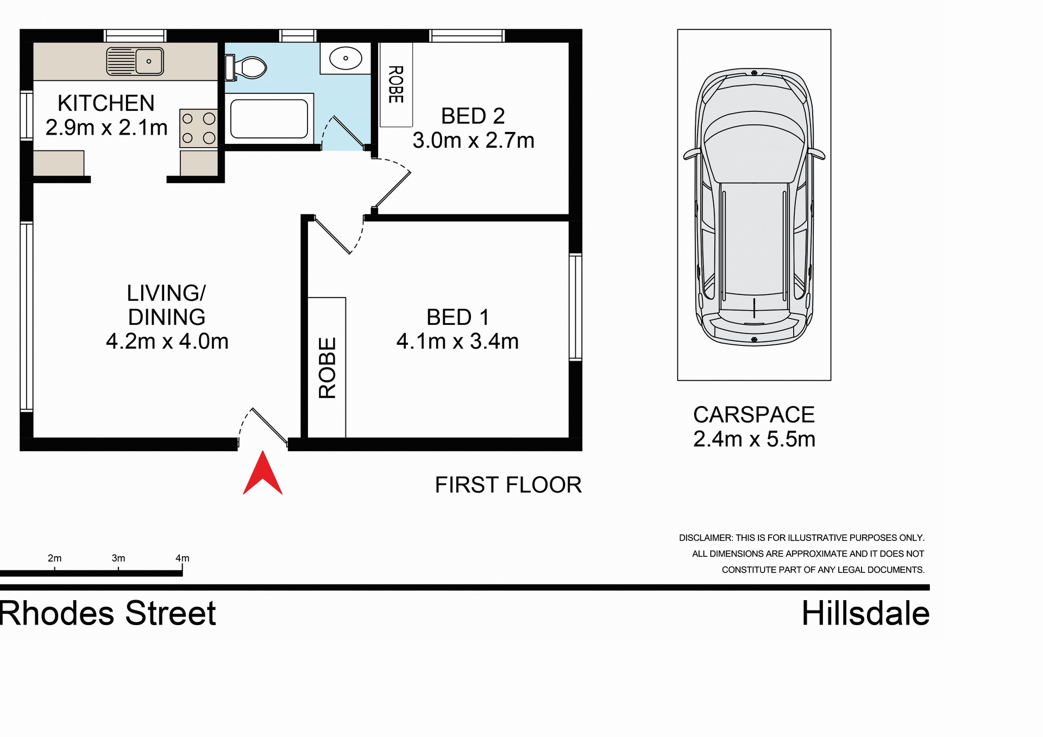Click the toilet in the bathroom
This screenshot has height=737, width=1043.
pyautogui.click(x=247, y=68)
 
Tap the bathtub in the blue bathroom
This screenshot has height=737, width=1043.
pyautogui.click(x=269, y=118)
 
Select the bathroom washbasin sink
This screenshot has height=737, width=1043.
pyautogui.click(x=345, y=58)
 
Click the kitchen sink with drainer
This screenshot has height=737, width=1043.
pyautogui.click(x=135, y=61)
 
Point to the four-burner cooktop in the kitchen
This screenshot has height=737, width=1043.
pyautogui.click(x=198, y=128)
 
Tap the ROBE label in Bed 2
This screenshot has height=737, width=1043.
pyautogui.click(x=396, y=84)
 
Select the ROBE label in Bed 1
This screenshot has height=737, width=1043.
pyautogui.click(x=327, y=368)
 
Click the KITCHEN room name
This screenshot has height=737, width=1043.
pyautogui.click(x=106, y=103)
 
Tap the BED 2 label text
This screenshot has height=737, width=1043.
pyautogui.click(x=473, y=116)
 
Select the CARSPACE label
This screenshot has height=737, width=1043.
pyautogui.click(x=753, y=415)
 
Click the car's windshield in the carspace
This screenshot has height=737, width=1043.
pyautogui.click(x=754, y=130)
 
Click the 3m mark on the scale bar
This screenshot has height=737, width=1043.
pyautogui.click(x=118, y=558)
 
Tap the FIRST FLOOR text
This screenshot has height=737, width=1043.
pyautogui.click(x=508, y=485)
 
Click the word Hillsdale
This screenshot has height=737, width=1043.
pyautogui.click(x=865, y=614)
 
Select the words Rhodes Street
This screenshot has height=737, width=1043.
pyautogui.click(x=108, y=614)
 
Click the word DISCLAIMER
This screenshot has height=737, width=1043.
pyautogui.click(x=706, y=538)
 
